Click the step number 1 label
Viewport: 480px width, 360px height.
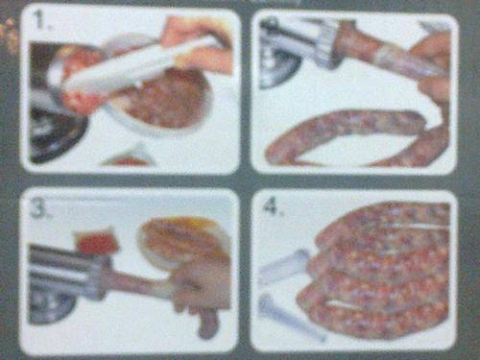pos(44,20)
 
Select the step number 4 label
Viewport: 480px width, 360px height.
pos(272,205)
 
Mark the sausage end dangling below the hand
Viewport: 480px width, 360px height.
pos(206,324)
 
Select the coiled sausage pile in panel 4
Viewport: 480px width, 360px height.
pos(376,272)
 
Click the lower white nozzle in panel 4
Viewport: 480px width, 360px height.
pos(291,317)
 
